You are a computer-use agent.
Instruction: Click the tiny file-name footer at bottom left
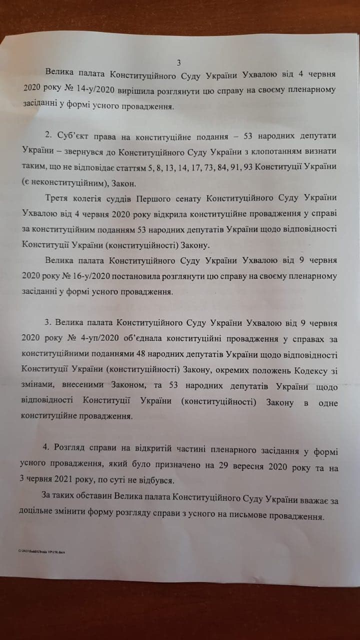coord(43,552)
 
